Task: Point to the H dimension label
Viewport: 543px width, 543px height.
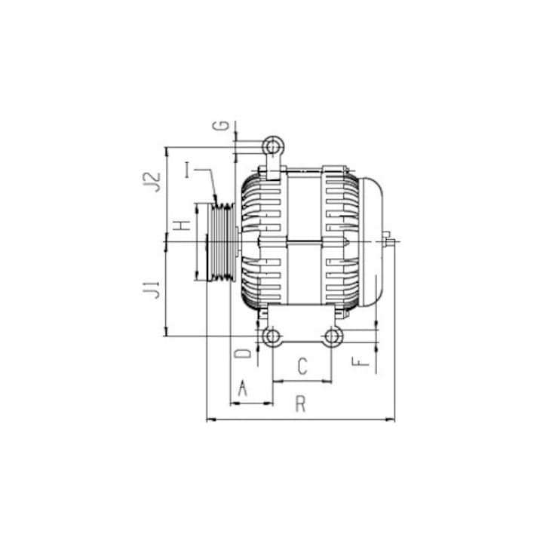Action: [179, 225]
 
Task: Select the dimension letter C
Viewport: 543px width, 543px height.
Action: [302, 367]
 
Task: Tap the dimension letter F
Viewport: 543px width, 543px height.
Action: [364, 361]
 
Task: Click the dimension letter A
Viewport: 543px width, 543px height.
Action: [243, 388]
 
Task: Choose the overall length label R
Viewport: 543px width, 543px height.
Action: [300, 405]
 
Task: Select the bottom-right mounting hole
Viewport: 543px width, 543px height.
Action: [333, 336]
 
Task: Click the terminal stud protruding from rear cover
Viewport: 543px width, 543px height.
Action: [390, 241]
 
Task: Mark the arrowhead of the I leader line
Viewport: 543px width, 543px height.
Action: [216, 198]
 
